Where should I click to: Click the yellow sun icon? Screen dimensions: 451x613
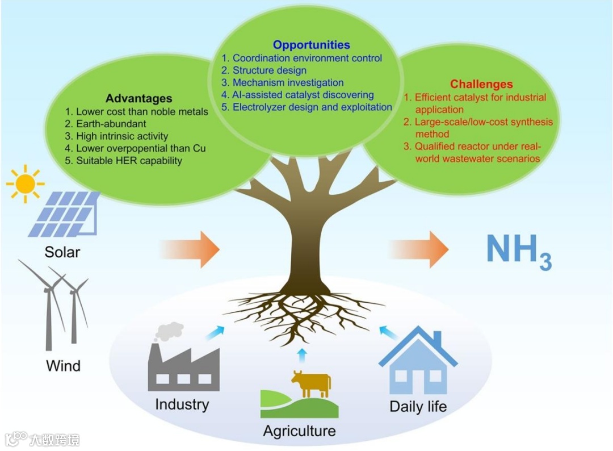(x=25, y=183)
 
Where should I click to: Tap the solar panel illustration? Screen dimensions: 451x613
(x=64, y=214)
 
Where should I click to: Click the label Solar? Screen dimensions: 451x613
(x=62, y=252)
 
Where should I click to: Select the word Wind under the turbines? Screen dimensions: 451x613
(x=63, y=365)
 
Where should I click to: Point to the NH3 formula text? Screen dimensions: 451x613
(x=518, y=250)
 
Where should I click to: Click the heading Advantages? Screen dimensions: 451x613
(x=138, y=99)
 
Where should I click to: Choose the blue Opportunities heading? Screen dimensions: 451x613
(x=311, y=45)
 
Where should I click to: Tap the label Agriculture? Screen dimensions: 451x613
(x=299, y=431)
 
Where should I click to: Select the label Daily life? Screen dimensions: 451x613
(x=418, y=407)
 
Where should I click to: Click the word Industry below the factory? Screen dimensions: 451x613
(x=182, y=404)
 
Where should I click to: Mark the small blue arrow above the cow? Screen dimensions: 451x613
(x=301, y=355)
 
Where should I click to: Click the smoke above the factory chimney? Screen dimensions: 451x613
(x=170, y=331)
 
